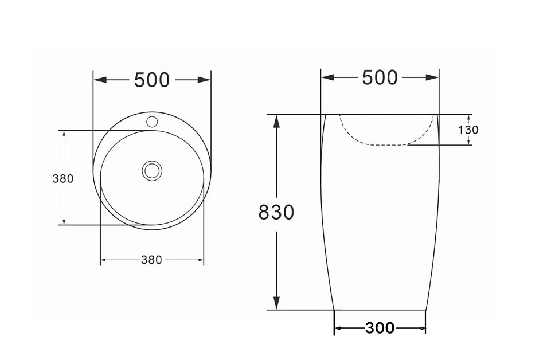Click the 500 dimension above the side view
coord(380,77)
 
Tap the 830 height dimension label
coord(276,212)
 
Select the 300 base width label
coord(380,328)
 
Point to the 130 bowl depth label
coord(468,130)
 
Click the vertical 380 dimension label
coord(63,179)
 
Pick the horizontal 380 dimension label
coord(151,260)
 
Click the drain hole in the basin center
coord(153,170)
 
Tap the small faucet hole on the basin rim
coord(153,122)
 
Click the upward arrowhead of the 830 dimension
coord(276,121)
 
